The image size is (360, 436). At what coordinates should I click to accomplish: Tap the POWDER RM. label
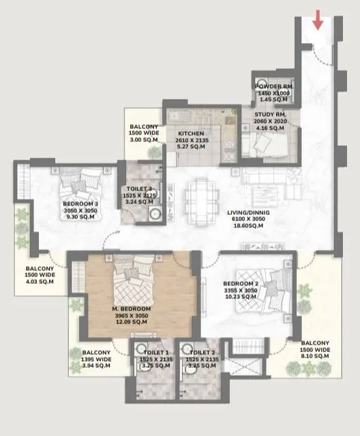(x=273, y=87)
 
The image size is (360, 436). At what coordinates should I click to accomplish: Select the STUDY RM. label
(x=270, y=114)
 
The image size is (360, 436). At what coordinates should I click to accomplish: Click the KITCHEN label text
(x=191, y=133)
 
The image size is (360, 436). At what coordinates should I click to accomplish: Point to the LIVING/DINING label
(x=248, y=213)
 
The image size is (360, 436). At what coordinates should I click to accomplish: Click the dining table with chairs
(x=201, y=190)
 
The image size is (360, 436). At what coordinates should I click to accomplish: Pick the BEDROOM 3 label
(x=81, y=204)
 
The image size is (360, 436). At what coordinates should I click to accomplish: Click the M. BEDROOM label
(x=131, y=308)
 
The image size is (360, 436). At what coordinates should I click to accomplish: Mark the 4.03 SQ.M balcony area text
(x=40, y=280)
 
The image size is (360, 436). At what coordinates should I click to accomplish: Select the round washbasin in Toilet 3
(x=154, y=214)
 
